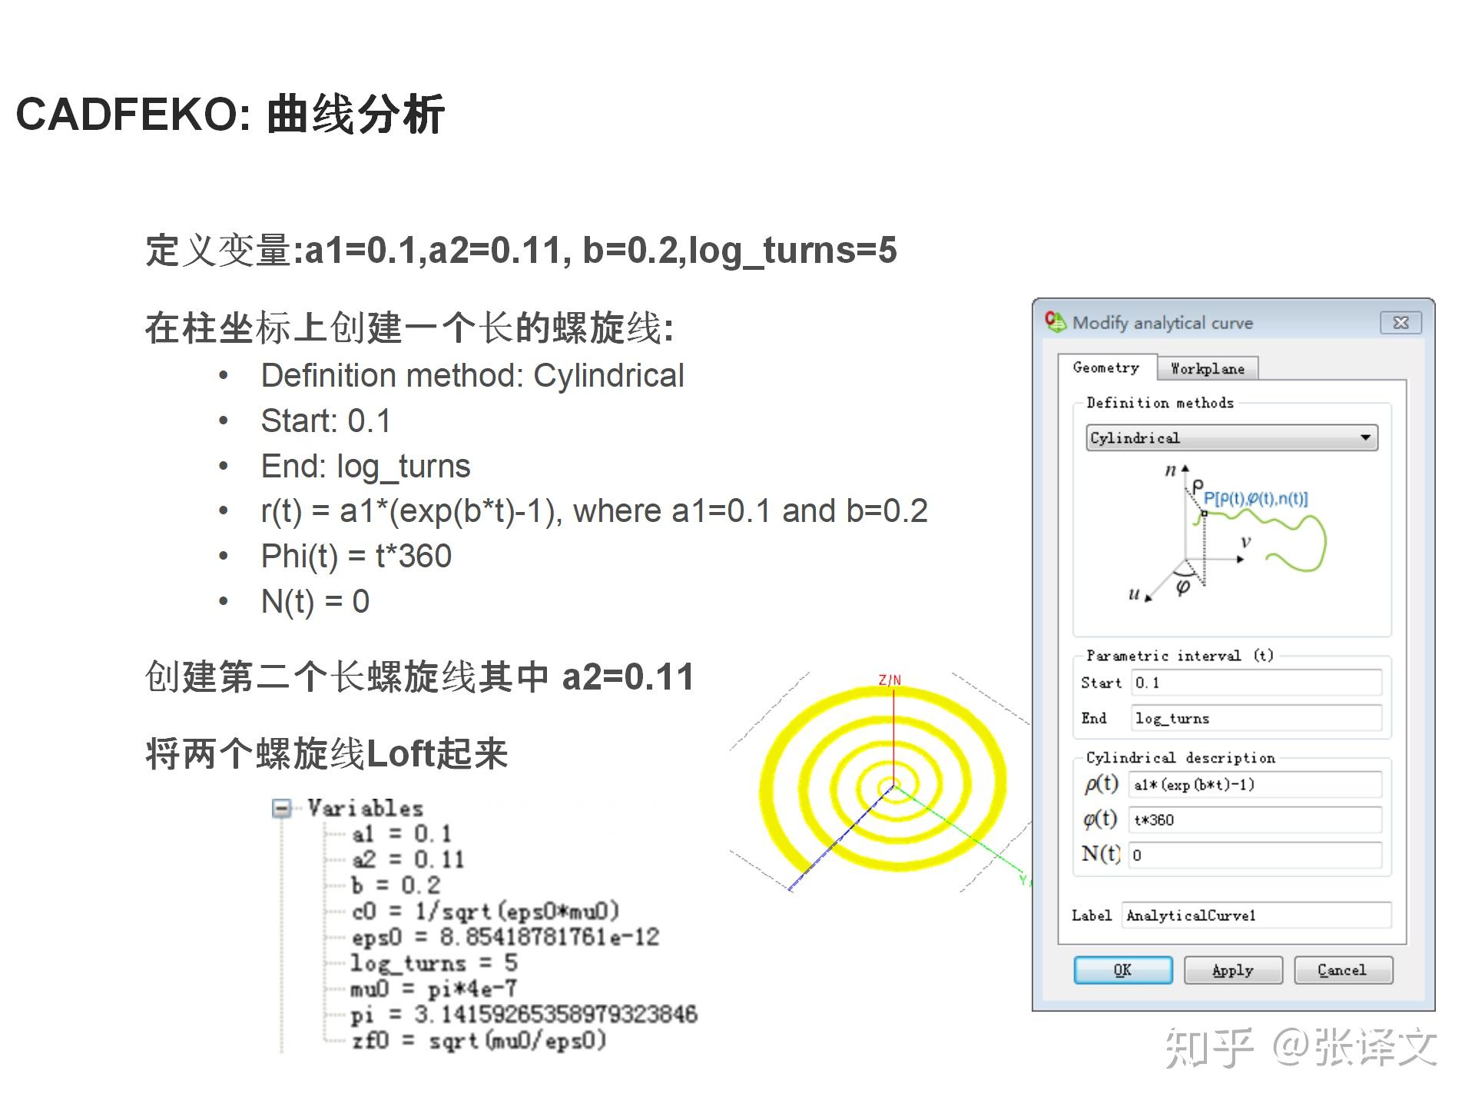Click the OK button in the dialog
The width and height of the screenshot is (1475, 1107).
pyautogui.click(x=1122, y=970)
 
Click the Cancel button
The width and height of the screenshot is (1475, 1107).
pyautogui.click(x=1342, y=970)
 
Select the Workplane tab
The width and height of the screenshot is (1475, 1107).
pyautogui.click(x=1207, y=369)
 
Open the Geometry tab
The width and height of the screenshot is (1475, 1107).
pyautogui.click(x=1105, y=368)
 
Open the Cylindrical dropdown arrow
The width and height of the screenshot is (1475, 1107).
pyautogui.click(x=1365, y=438)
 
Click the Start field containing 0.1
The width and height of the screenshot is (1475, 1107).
pyautogui.click(x=1256, y=683)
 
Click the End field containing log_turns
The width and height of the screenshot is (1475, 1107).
pyautogui.click(x=1256, y=718)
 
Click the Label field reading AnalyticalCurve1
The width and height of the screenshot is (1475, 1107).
pyautogui.click(x=1256, y=916)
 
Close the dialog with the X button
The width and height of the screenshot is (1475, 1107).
pyautogui.click(x=1400, y=323)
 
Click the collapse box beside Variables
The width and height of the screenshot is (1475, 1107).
pyautogui.click(x=283, y=808)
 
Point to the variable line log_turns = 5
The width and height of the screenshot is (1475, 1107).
pyautogui.click(x=434, y=962)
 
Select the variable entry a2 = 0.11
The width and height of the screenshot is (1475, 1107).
pyautogui.click(x=408, y=859)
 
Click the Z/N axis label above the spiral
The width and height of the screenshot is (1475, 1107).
pyautogui.click(x=890, y=680)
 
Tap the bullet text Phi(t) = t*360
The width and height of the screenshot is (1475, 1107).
pyautogui.click(x=356, y=556)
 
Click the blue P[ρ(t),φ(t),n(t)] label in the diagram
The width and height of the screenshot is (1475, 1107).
pyautogui.click(x=1255, y=499)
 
